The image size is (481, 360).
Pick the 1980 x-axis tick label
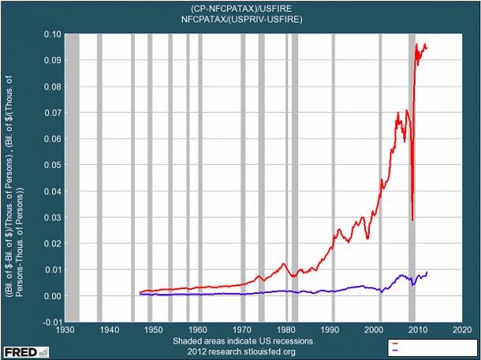point(286,329)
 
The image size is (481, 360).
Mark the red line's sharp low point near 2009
point(412,219)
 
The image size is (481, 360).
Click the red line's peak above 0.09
point(418,45)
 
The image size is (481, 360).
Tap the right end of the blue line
point(427,273)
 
